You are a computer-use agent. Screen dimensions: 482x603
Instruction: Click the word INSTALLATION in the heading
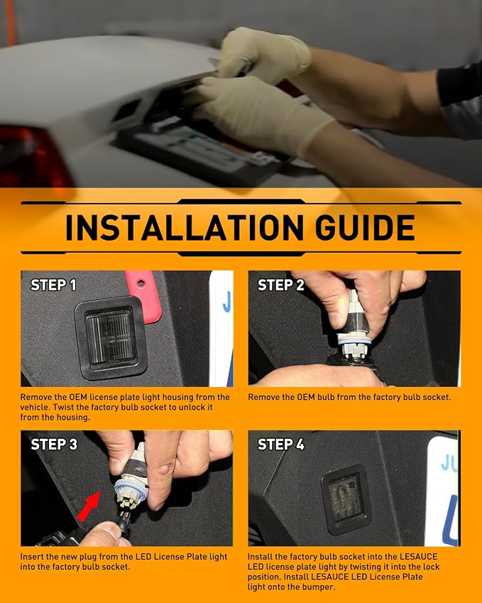click(185, 227)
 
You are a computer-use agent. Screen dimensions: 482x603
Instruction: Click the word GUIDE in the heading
click(365, 227)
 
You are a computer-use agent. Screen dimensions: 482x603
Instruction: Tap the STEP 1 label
click(53, 285)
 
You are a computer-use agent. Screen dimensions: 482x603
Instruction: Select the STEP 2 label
click(281, 285)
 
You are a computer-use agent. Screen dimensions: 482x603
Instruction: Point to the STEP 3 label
click(54, 445)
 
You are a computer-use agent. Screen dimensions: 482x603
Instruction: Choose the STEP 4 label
click(281, 445)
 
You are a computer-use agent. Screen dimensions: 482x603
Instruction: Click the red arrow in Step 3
click(89, 506)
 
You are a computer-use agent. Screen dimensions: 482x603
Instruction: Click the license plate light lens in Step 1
click(111, 338)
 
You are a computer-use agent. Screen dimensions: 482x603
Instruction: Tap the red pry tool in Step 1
click(144, 296)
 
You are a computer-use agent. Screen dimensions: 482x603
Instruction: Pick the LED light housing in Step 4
click(346, 499)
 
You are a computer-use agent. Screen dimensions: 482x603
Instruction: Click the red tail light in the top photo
click(33, 156)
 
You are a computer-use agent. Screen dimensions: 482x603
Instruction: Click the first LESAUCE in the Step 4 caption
click(419, 556)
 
